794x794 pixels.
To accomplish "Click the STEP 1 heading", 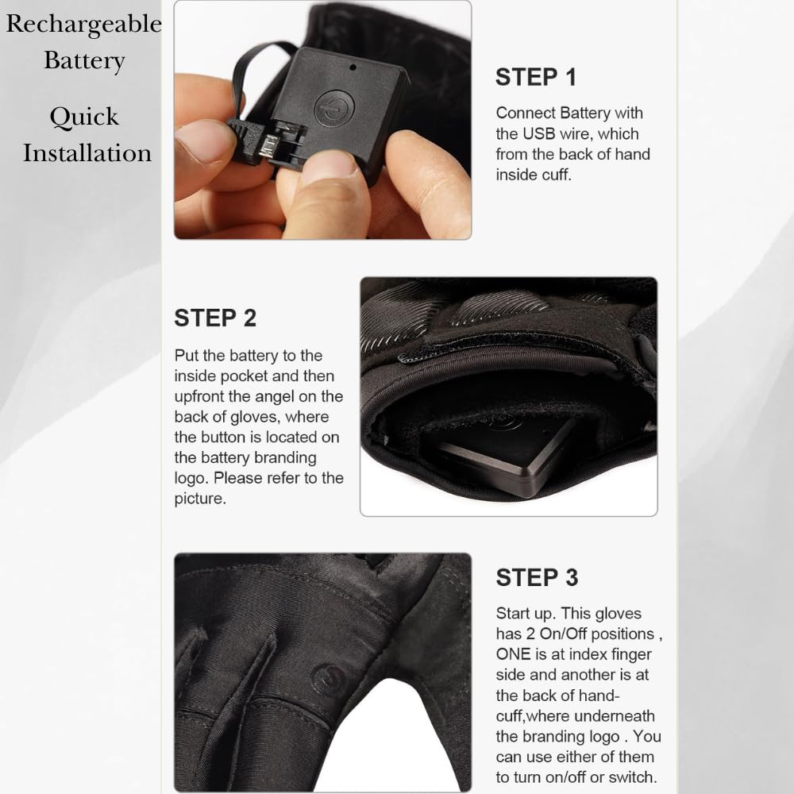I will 536,77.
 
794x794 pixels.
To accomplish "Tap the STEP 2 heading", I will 215,318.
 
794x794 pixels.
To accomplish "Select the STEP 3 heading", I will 537,578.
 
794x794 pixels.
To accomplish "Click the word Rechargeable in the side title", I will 83,25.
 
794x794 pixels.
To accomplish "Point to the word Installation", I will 87,152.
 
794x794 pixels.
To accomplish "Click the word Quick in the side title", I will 84,117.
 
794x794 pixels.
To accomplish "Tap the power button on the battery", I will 333,109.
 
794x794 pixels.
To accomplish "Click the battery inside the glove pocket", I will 508,453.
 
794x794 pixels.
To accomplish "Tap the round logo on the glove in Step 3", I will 329,680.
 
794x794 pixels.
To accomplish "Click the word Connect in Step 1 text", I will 522,113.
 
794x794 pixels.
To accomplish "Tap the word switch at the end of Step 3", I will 633,778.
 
